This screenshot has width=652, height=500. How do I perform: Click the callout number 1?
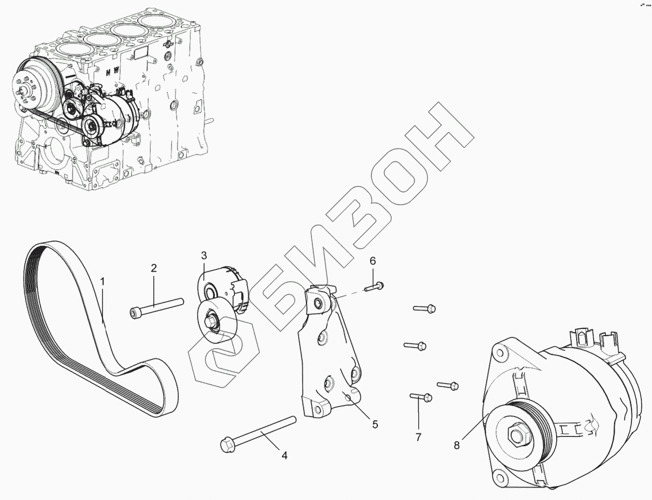[103, 281]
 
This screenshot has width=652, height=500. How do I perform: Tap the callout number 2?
[153, 267]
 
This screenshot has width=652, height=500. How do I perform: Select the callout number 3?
[203, 255]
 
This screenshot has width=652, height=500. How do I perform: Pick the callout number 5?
[375, 424]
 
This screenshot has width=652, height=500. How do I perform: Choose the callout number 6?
[373, 260]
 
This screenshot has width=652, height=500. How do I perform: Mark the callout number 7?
[418, 437]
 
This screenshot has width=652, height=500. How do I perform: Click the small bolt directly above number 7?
[421, 396]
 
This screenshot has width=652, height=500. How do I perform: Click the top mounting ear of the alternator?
[500, 351]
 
